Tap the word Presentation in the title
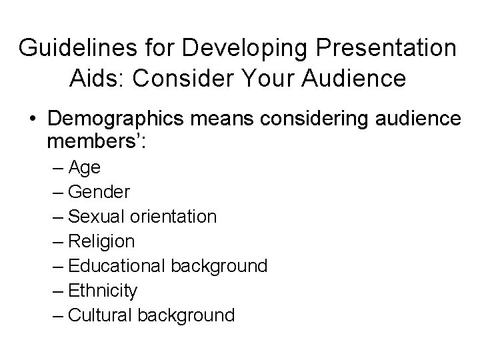coord(382,48)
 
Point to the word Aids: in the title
coord(97,79)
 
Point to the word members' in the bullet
coord(96,143)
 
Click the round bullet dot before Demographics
coord(32,119)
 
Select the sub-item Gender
coord(99,193)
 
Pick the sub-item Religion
coord(101,241)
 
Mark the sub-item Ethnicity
coord(103,290)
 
